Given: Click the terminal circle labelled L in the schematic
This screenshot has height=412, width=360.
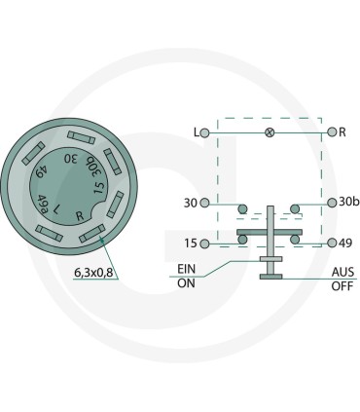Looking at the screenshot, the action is pos(204,132).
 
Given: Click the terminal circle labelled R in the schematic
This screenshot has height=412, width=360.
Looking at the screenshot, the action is pos(332,132).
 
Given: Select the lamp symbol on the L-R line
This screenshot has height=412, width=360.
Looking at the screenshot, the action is pos(270,132).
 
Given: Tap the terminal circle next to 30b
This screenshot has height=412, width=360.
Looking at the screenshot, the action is pos(332,203).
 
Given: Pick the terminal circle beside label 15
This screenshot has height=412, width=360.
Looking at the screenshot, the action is pos(204,243).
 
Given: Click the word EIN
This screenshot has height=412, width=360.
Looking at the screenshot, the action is pos(187,269).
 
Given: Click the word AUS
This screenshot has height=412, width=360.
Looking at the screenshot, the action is pos(342,272).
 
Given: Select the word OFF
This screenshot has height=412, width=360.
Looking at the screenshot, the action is pos(342,286).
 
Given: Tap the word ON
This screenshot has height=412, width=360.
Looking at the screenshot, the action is pos(186,283).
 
